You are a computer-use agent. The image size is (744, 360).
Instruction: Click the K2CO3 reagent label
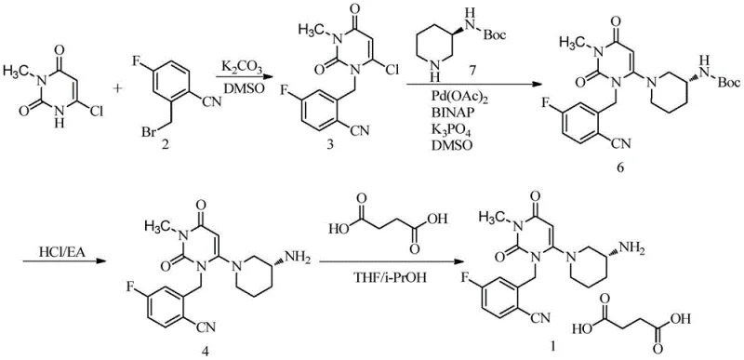tap(240, 66)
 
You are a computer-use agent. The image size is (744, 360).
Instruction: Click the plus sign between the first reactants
tap(119, 90)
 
